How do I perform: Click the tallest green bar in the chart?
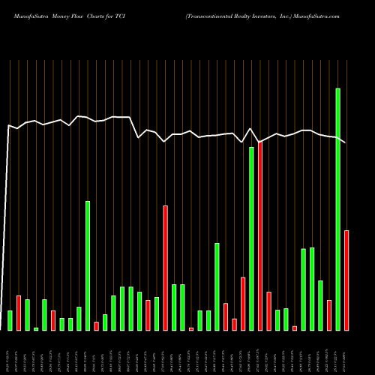pyautogui.click(x=338, y=209)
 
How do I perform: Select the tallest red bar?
pyautogui.click(x=260, y=235)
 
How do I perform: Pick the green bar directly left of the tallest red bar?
pyautogui.click(x=252, y=238)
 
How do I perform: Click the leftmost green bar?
pyautogui.click(x=10, y=320)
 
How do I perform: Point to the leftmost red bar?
pyautogui.click(x=19, y=313)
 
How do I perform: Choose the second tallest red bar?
pyautogui.click(x=166, y=268)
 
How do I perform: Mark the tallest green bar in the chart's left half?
pyautogui.click(x=88, y=265)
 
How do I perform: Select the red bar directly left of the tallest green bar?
pyautogui.click(x=329, y=315)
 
